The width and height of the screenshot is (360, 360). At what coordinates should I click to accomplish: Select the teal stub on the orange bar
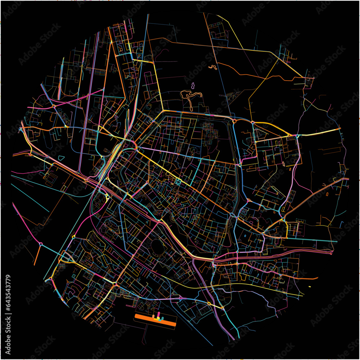[x=163, y=318]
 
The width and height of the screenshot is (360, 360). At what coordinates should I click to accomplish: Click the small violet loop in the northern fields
[x=193, y=86]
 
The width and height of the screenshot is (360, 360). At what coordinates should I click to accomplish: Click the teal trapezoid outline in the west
[x=61, y=158]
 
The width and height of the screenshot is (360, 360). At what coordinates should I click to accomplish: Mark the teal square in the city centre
[x=177, y=181]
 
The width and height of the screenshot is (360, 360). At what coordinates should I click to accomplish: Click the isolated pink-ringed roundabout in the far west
[x=41, y=244]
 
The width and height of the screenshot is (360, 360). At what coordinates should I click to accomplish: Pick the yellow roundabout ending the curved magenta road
[x=73, y=237]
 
